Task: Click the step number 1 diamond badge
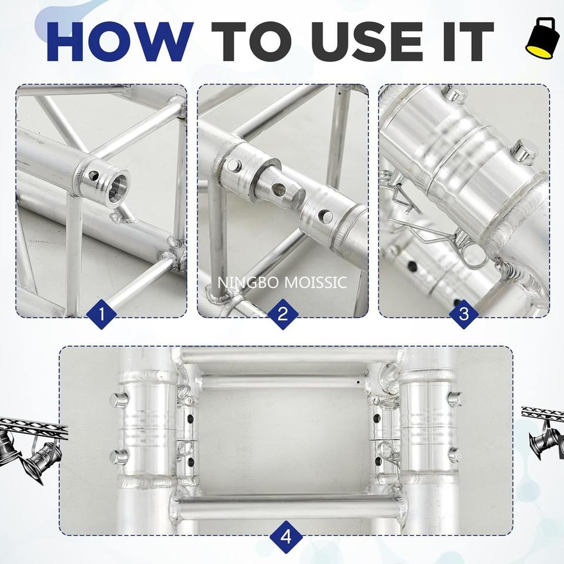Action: (x=102, y=314)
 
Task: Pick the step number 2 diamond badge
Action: (x=283, y=314)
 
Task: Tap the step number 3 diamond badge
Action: (x=464, y=314)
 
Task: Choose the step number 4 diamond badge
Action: (x=286, y=537)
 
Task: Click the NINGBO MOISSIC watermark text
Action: (x=282, y=283)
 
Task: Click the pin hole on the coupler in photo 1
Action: (x=93, y=176)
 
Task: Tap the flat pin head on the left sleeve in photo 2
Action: (x=233, y=166)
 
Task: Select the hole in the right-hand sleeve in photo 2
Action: (x=326, y=216)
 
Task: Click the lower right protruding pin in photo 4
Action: (x=455, y=455)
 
